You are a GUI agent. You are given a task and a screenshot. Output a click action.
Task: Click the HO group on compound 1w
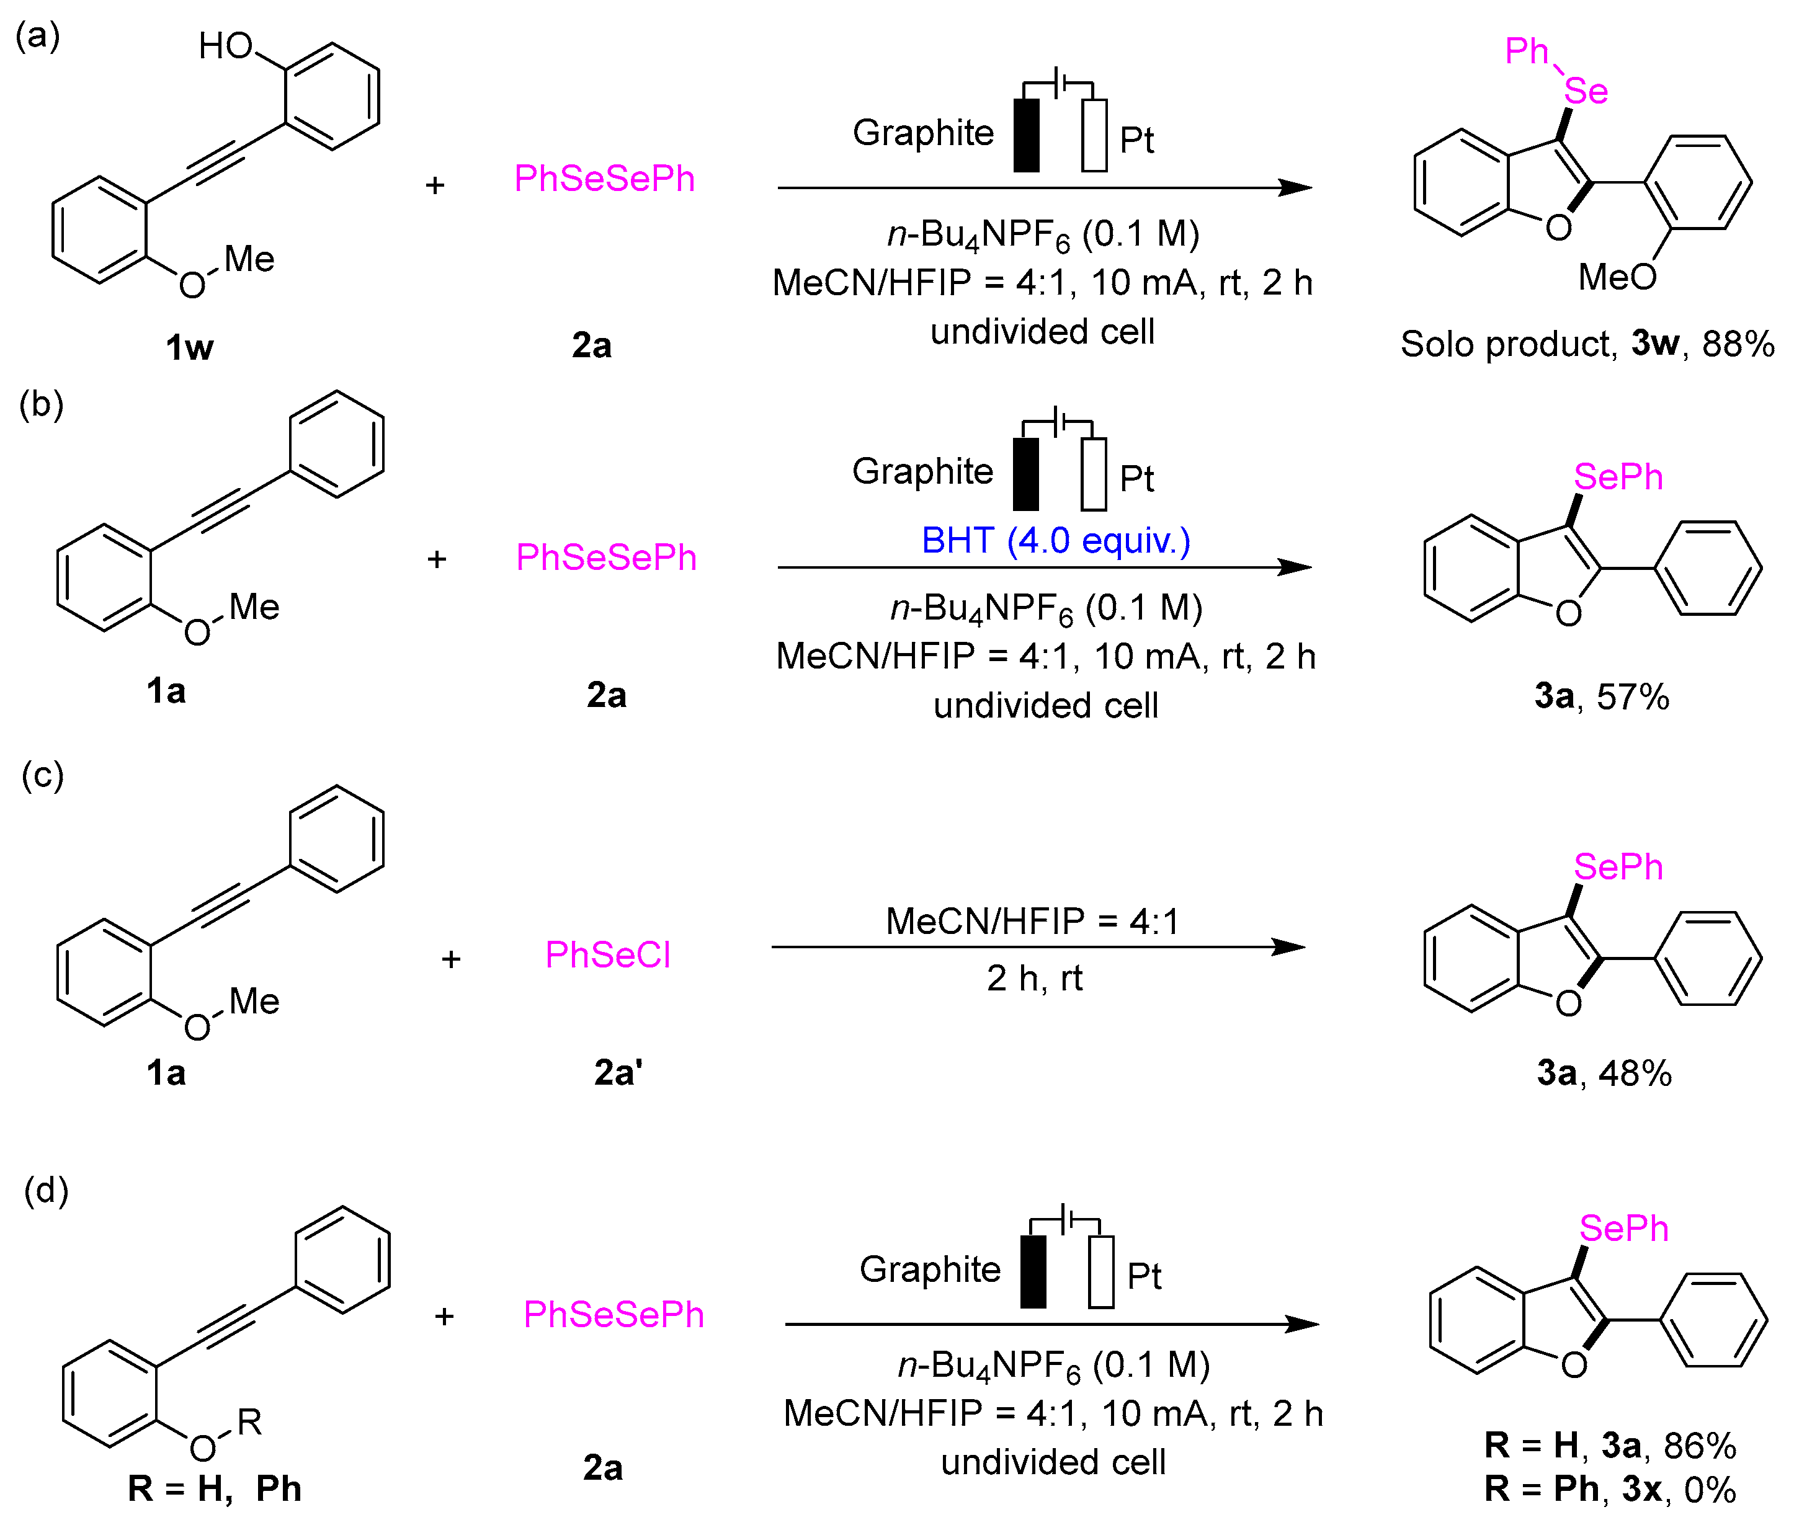pos(225,46)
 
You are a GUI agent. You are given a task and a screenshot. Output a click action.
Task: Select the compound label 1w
pos(189,347)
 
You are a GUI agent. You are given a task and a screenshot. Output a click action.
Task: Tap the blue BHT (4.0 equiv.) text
pos(1056,541)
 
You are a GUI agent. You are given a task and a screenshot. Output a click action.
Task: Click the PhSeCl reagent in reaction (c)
pos(608,954)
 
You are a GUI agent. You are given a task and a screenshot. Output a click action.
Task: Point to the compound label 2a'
pos(617,1072)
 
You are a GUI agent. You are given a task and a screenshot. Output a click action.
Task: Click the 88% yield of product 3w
pos(1738,344)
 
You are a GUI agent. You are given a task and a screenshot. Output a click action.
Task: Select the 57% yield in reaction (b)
pos(1632,696)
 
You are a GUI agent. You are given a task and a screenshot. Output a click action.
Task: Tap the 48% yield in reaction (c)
pos(1635,1073)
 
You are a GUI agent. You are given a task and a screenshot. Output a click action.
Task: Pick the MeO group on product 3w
pos(1617,277)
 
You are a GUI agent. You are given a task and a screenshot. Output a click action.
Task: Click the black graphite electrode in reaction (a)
pos(1026,136)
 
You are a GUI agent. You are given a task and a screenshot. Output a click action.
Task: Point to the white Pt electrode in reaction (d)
pos(1100,1272)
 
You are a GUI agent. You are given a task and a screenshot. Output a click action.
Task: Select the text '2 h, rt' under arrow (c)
pos(1034,979)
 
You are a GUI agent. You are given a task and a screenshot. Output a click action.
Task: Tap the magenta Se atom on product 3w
pos(1586,91)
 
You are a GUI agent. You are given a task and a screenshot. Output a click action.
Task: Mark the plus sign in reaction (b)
pos(437,559)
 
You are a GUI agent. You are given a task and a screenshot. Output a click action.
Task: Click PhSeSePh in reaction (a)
pos(604,179)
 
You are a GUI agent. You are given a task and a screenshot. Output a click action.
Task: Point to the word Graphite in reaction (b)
pos(922,471)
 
